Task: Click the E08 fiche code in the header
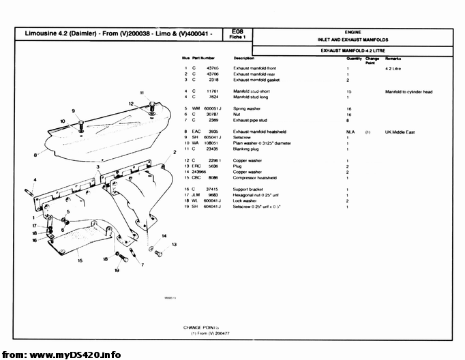click(x=237, y=31)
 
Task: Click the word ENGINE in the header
click(x=353, y=32)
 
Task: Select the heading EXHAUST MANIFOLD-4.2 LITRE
click(x=352, y=50)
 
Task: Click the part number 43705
click(x=212, y=68)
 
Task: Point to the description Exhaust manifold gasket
click(x=257, y=80)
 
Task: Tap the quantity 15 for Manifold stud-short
click(x=348, y=91)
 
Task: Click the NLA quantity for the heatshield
click(x=350, y=131)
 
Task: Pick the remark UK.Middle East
click(x=400, y=131)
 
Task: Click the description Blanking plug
click(x=246, y=148)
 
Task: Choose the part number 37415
click(x=211, y=189)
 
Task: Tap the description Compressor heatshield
click(x=255, y=177)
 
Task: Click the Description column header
click(x=243, y=59)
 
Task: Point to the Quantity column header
click(x=354, y=59)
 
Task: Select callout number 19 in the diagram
click(x=117, y=270)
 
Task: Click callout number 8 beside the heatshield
click(x=35, y=155)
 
